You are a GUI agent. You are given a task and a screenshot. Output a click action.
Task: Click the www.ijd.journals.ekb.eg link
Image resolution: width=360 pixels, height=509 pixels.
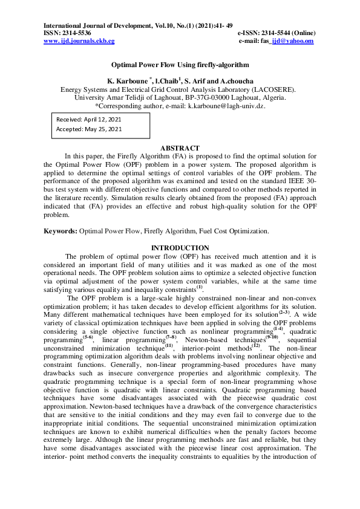[x=79, y=41]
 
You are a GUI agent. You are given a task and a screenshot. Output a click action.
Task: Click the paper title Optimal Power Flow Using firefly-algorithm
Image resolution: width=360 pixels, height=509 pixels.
[x=180, y=64]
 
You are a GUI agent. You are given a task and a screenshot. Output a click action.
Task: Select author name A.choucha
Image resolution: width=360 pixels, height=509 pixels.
[x=235, y=80]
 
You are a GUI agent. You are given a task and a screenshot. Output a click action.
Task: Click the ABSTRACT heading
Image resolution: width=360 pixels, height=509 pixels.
[x=180, y=148]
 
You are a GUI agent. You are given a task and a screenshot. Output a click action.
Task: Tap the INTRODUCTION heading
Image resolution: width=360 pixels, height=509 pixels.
[x=180, y=248]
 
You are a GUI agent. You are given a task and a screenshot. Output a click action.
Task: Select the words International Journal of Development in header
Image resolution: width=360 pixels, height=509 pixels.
[x=92, y=25]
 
